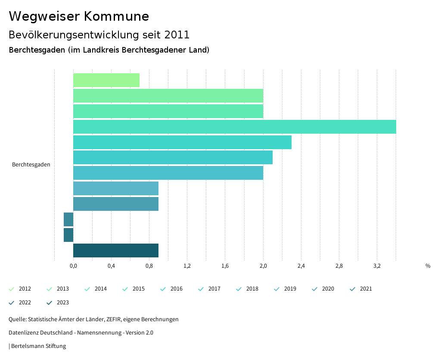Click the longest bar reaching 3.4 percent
click(x=234, y=127)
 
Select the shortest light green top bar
click(x=106, y=80)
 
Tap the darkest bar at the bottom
click(x=115, y=250)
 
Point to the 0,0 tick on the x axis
click(x=73, y=266)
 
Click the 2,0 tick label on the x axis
click(x=263, y=266)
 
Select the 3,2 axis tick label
click(x=377, y=266)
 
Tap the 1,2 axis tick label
click(x=187, y=266)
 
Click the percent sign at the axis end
click(x=428, y=266)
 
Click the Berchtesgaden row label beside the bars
click(x=31, y=165)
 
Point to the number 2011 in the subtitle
click(x=177, y=34)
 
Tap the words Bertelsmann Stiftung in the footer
click(x=38, y=346)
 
